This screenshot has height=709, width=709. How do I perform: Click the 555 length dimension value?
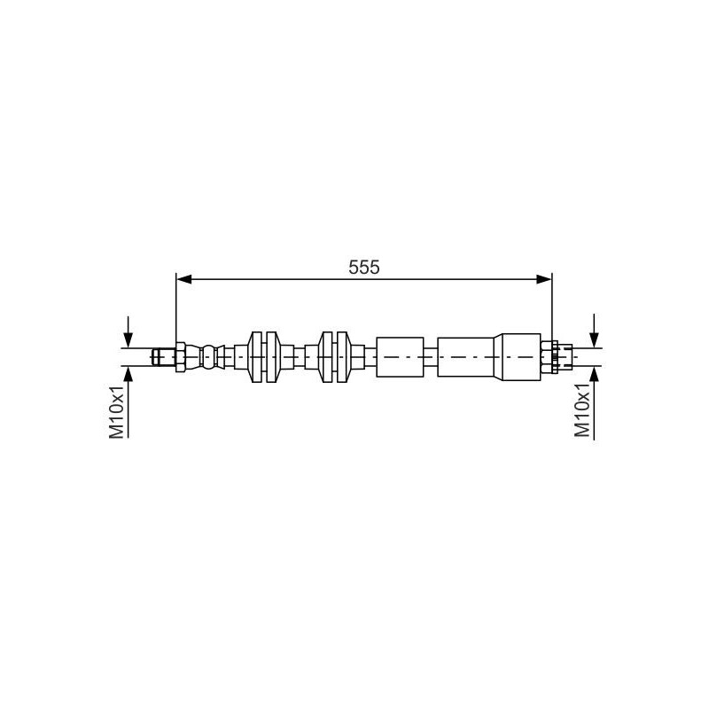point(364,268)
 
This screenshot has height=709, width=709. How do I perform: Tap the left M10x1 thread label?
point(116,411)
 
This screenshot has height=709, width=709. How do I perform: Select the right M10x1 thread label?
point(582,409)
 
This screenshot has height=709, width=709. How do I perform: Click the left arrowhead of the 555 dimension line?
point(184,279)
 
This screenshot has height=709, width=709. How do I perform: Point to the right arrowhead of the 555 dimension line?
point(544,279)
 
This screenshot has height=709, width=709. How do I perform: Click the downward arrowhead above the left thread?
point(129,339)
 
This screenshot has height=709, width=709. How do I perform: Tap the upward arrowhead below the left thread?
point(129,373)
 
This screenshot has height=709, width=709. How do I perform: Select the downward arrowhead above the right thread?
point(594,339)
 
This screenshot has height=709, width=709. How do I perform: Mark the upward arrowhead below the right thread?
point(594,373)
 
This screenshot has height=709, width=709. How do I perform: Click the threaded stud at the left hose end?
point(164,357)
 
